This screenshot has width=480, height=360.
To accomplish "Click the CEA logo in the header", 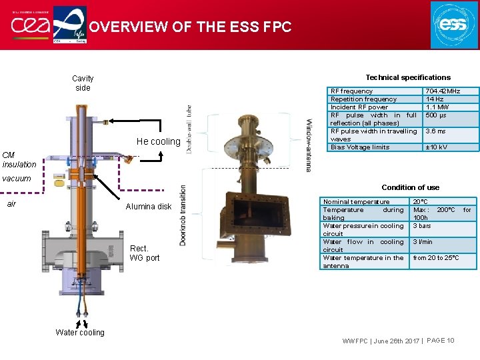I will click(27, 25).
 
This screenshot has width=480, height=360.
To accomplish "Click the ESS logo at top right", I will click(454, 25).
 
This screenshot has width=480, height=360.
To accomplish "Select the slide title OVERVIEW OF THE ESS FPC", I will click(190, 27).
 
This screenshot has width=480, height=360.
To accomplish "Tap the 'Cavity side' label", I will click(83, 83).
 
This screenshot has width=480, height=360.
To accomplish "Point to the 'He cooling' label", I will click(158, 141).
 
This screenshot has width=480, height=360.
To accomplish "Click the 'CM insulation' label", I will click(19, 160).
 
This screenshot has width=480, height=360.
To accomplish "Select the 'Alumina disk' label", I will click(149, 207).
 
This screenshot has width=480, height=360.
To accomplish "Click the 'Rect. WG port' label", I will click(145, 253).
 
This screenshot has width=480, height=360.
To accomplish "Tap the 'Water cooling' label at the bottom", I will click(80, 333).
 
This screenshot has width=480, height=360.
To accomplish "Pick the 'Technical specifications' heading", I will click(408, 77).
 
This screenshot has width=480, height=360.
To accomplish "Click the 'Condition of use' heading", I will click(410, 187).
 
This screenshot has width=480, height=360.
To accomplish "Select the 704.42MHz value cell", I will click(443, 91).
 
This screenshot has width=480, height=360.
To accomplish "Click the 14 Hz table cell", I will click(435, 99).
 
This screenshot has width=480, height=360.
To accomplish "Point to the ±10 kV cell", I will click(437, 147).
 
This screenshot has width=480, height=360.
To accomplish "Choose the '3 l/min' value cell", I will click(423, 242).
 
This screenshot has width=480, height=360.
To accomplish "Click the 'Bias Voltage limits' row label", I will click(360, 147).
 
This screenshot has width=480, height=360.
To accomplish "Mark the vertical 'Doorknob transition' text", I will click(183, 215).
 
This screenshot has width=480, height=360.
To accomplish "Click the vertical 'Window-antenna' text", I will click(309, 145).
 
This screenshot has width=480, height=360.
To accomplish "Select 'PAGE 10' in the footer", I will click(440, 341).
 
